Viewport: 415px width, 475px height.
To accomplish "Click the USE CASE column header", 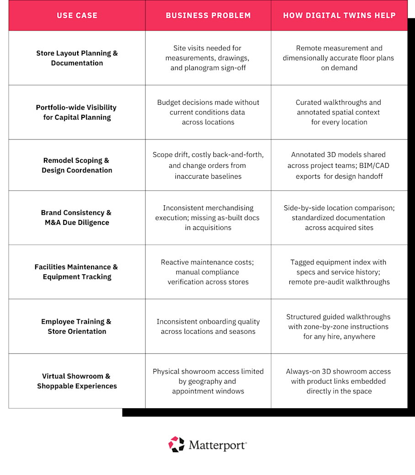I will (x=77, y=16).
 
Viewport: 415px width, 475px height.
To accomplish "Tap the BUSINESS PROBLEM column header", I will (x=208, y=16).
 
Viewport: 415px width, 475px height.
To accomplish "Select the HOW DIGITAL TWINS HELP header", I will (x=339, y=16).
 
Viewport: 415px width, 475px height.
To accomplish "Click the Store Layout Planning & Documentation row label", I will (x=77, y=58).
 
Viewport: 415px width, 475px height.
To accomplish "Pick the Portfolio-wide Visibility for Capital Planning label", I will (x=77, y=112).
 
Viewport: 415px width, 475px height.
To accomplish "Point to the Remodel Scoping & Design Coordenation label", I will (x=77, y=165).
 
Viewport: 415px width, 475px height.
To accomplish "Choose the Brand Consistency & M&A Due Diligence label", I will (x=77, y=218).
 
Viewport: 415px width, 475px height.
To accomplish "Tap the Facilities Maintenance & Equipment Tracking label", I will (x=77, y=272).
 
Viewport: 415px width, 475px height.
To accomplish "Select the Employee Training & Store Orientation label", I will (x=77, y=326).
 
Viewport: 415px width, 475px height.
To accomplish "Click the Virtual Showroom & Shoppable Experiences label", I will (x=77, y=381).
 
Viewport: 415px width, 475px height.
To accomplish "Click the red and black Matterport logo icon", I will (x=176, y=444).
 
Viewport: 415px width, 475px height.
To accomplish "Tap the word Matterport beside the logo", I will (x=217, y=445).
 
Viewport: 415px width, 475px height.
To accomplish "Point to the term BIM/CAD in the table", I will (x=373, y=165).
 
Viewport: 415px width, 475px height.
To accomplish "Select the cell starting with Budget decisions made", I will (x=208, y=112).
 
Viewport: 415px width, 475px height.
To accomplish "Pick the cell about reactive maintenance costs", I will (x=208, y=272).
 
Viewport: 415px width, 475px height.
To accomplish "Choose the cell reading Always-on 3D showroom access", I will (x=339, y=381).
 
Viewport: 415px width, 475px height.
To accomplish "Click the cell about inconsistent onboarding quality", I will (x=208, y=326).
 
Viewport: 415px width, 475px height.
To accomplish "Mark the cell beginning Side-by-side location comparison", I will (x=339, y=218).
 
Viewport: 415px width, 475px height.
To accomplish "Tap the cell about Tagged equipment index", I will (x=339, y=272).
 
